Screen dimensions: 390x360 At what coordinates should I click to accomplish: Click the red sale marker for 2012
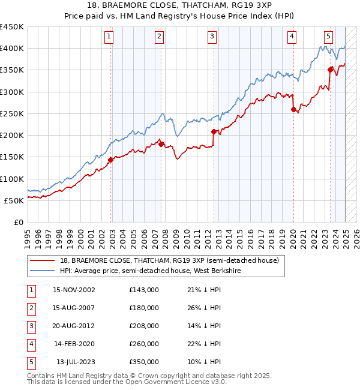[214, 131]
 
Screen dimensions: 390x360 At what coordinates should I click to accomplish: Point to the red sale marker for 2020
[293, 109]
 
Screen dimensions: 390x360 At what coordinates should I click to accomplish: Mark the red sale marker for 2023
[331, 70]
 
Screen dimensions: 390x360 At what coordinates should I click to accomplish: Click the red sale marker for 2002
[111, 160]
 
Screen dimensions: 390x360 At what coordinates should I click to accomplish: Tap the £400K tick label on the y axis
[12, 49]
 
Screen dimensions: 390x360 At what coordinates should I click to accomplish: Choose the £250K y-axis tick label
[12, 114]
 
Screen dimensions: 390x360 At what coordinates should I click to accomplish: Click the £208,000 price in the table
[144, 326]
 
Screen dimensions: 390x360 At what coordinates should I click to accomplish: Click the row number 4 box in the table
[30, 344]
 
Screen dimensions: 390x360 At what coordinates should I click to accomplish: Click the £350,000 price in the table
[144, 362]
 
